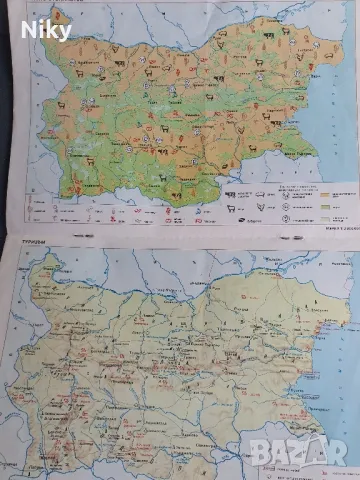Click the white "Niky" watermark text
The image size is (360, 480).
tap(46, 31)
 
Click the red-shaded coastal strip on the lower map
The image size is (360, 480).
tap(318, 330)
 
